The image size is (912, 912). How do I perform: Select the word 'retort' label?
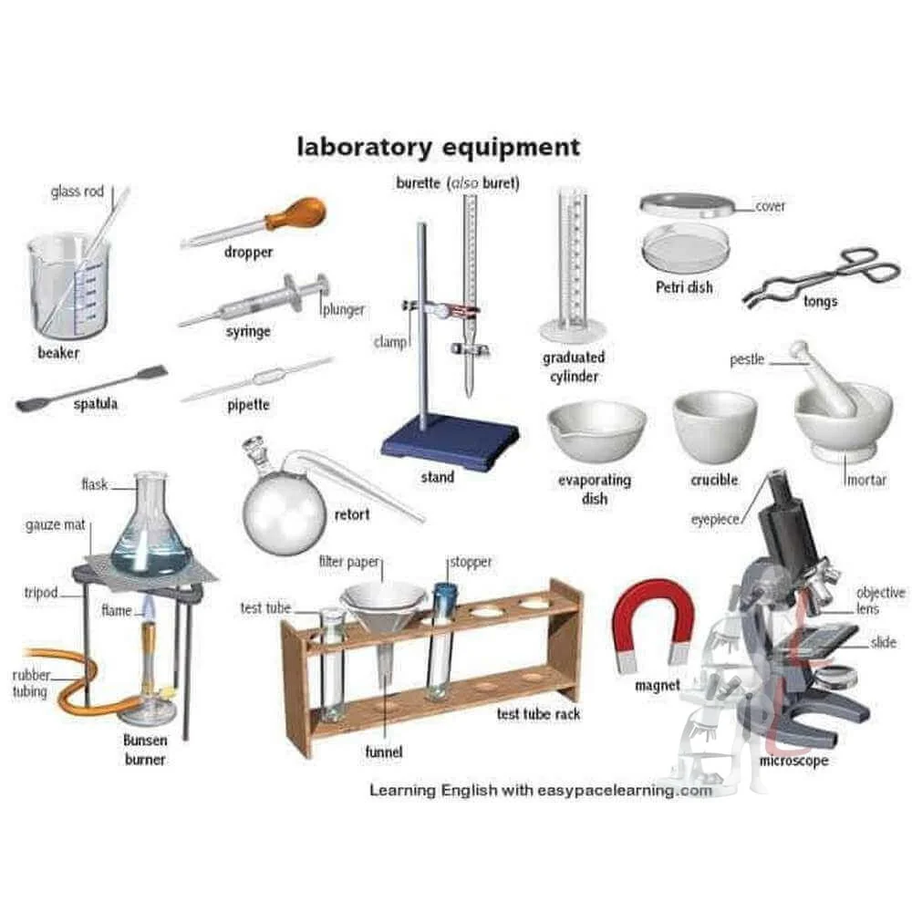pyautogui.click(x=351, y=514)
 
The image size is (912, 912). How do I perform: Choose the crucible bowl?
pyautogui.click(x=714, y=426)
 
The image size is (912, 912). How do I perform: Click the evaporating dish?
pyautogui.click(x=596, y=430)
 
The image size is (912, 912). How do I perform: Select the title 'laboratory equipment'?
pyautogui.click(x=438, y=146)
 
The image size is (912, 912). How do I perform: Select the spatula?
pyautogui.click(x=91, y=387)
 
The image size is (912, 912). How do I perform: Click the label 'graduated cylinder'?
pyautogui.click(x=574, y=367)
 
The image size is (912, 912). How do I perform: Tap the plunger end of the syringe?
pyautogui.click(x=321, y=286)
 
